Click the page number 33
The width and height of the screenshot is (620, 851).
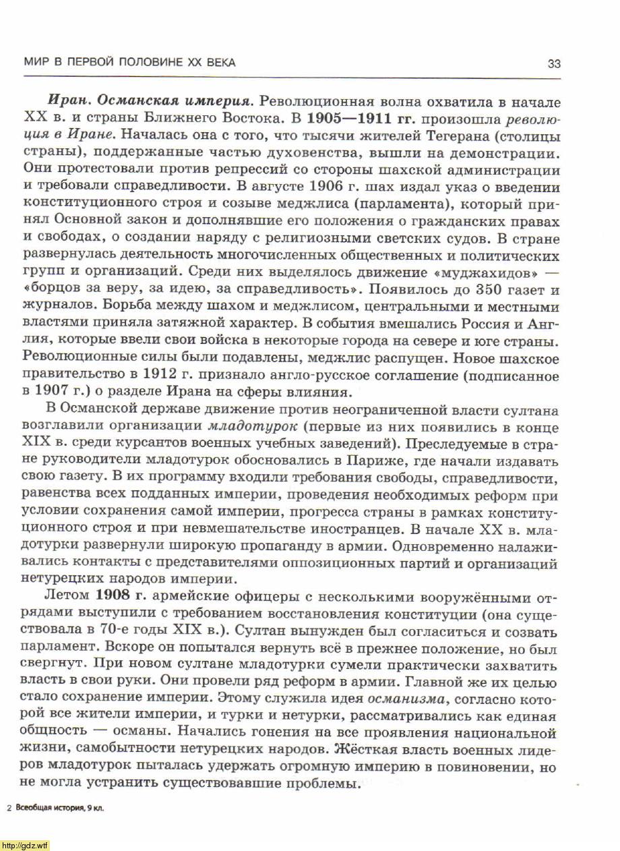click(x=553, y=64)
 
